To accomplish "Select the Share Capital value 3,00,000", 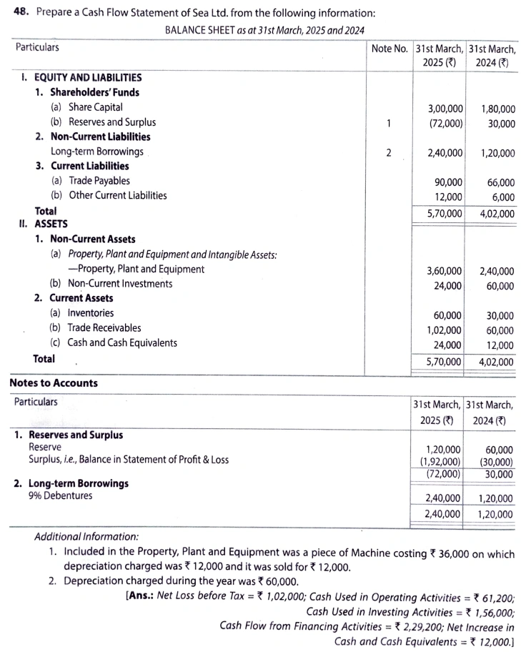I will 445,108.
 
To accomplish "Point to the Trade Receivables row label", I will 104,328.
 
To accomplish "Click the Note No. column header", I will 389,49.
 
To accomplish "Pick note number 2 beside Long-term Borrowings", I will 387,152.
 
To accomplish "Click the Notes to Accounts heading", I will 54,383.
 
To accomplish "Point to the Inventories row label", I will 91,313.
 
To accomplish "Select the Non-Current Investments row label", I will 120,284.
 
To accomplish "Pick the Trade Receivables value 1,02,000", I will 444,330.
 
